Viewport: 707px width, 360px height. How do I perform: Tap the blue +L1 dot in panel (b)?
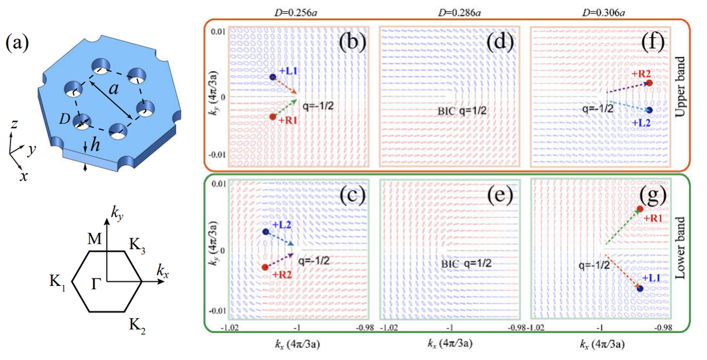point(273,77)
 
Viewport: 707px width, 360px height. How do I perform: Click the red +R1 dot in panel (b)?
point(273,117)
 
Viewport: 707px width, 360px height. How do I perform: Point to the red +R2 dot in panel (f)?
point(649,83)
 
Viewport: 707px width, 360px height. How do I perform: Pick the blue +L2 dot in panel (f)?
point(649,110)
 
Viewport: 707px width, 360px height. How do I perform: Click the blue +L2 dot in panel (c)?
point(265,232)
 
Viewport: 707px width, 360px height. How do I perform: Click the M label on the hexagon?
point(94,240)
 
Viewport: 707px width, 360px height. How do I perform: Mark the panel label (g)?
point(650,196)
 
